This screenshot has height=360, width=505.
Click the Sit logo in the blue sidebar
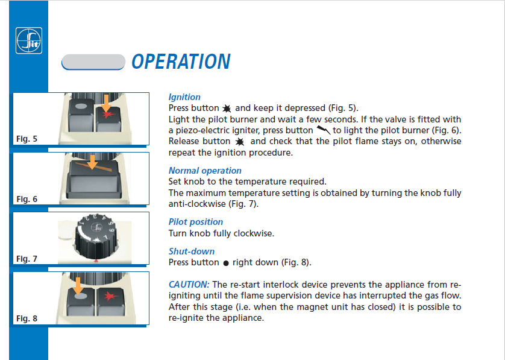(x=29, y=40)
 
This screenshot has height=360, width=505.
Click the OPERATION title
(x=181, y=62)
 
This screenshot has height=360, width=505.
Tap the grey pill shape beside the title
(x=93, y=62)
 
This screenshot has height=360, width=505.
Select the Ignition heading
(x=184, y=97)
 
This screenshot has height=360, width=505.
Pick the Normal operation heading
(x=205, y=171)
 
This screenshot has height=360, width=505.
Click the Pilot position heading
(x=196, y=222)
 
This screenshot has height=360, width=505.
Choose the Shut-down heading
(x=191, y=251)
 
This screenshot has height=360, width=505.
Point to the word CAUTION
(x=189, y=285)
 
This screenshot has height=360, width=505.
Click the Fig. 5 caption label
(x=27, y=139)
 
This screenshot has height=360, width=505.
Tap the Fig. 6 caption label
(x=27, y=199)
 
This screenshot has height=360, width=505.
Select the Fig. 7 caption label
(x=27, y=259)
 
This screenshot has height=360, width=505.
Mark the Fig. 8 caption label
(x=27, y=318)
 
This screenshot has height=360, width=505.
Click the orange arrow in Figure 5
(x=106, y=103)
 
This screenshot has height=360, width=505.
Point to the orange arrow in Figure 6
(x=92, y=162)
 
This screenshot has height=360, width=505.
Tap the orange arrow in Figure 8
(x=77, y=286)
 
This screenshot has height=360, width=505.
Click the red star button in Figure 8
(x=111, y=302)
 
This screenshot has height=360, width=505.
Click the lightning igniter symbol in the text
(x=323, y=130)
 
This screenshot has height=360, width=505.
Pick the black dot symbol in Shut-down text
(x=226, y=264)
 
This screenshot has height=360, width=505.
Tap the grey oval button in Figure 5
(x=81, y=106)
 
